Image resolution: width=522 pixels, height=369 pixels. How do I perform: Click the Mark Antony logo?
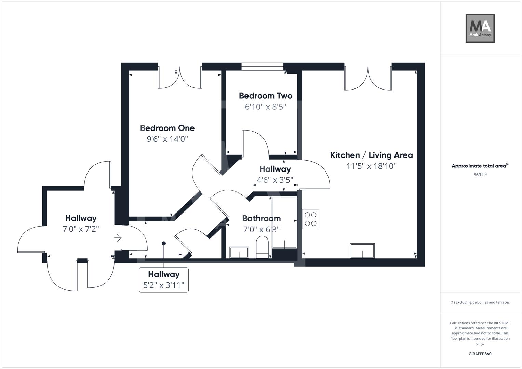pos(480,28)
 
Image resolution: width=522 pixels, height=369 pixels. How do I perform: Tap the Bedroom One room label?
pos(167,128)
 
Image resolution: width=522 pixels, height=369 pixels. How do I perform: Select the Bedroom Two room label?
pos(265,96)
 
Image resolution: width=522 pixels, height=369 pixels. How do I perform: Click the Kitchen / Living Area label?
pos(371,155)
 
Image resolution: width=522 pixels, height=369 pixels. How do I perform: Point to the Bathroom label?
pos(261,218)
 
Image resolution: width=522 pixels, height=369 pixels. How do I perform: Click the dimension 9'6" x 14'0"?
pos(167,139)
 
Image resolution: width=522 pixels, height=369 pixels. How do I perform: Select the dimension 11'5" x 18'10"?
pos(371,166)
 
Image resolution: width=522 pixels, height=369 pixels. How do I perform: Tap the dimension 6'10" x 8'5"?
pos(265,107)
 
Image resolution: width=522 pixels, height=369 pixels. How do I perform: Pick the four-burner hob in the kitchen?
pos(310,219)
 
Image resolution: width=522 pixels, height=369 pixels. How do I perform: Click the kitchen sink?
pos(362,251)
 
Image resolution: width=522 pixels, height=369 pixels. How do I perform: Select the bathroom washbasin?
pos(239,252)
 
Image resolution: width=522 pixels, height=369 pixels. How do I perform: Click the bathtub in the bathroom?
pos(284,222)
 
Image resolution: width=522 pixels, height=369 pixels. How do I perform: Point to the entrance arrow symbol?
pos(118,238)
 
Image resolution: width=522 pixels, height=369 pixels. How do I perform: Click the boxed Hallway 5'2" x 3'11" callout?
pos(163,280)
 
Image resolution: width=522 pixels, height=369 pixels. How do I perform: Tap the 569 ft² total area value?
pos(480,175)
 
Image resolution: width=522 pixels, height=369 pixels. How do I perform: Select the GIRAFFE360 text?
pos(480,354)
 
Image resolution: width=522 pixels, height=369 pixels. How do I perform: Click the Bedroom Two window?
pos(262,66)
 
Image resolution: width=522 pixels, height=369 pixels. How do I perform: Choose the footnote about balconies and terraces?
pos(480,302)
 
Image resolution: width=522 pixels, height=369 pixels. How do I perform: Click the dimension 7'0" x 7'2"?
pos(81,229)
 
